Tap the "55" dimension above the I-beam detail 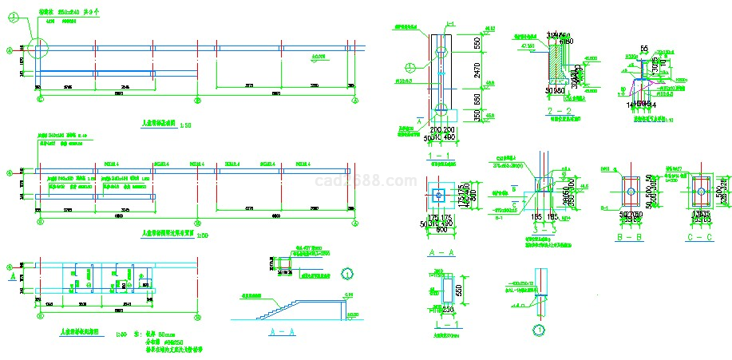[644, 49]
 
